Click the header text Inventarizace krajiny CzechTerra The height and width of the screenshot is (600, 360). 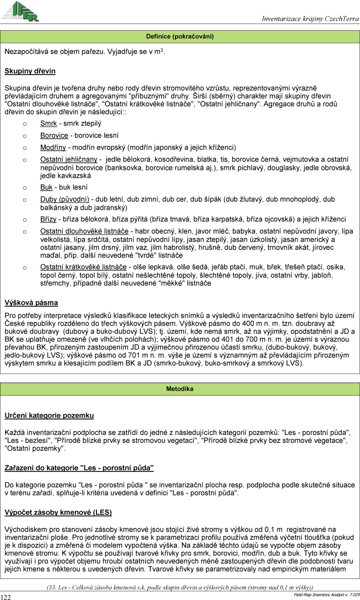[x=310, y=19]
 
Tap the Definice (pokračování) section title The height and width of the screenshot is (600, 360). [x=180, y=37]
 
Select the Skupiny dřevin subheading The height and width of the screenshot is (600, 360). [x=30, y=71]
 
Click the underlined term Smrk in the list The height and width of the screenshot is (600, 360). [x=48, y=124]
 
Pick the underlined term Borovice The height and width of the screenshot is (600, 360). [x=54, y=135]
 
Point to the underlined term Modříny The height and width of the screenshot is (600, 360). [x=53, y=147]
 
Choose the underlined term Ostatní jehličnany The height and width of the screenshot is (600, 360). [x=69, y=159]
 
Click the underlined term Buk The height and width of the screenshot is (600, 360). [x=46, y=187]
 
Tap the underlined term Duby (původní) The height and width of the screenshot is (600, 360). [x=64, y=200]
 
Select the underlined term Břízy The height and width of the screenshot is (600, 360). [x=48, y=219]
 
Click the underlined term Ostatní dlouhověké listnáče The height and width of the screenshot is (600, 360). [x=84, y=231]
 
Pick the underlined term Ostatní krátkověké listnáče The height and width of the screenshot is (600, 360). [x=83, y=267]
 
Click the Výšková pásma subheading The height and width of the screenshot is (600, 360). [x=31, y=303]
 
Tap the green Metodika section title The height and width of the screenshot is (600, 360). [x=180, y=389]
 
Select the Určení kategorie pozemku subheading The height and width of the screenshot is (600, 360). [x=49, y=416]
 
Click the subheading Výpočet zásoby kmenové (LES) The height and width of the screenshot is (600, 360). [x=58, y=513]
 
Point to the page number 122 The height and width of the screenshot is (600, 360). [x=6, y=597]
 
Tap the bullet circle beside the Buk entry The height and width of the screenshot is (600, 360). [x=25, y=188]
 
